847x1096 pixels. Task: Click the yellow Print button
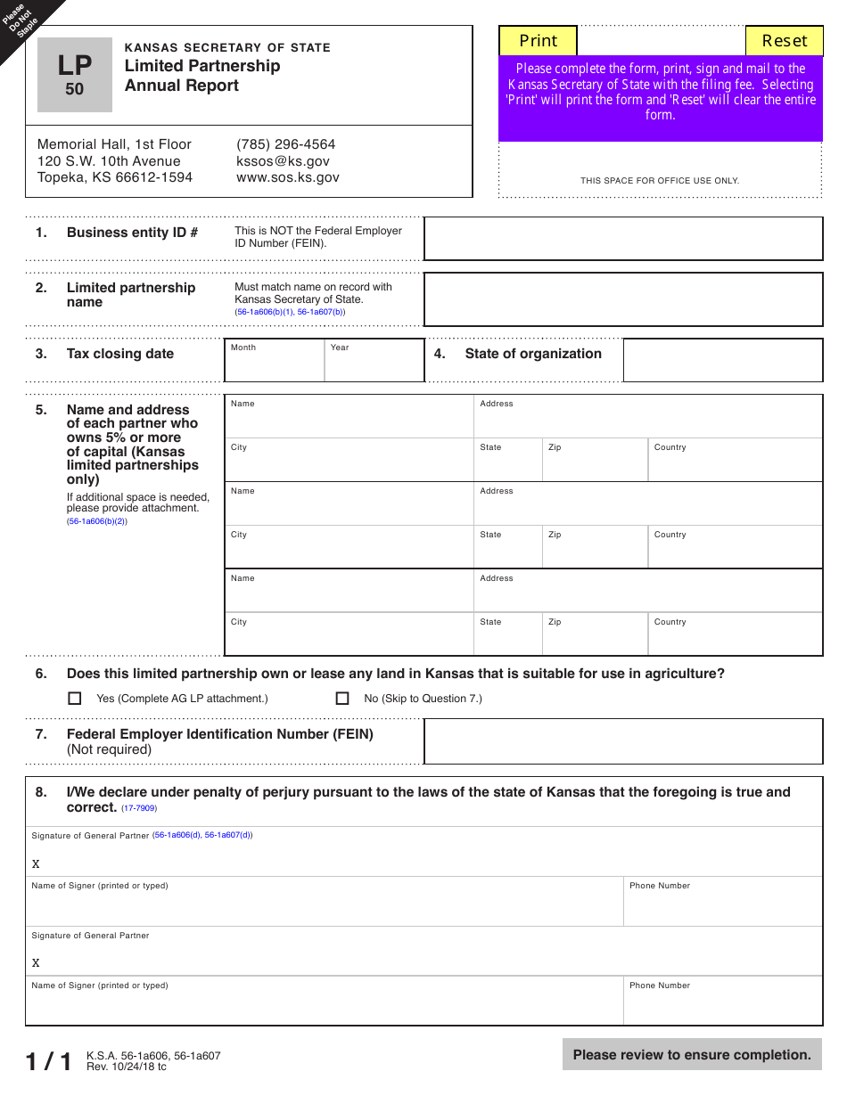click(x=538, y=41)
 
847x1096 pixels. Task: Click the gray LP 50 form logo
click(x=75, y=75)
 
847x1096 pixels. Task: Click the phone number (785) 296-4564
click(x=285, y=144)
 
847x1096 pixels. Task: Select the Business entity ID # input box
click(x=622, y=239)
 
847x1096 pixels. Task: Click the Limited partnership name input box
click(x=622, y=299)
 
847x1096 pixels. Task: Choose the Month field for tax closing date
click(x=274, y=361)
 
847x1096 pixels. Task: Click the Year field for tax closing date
click(x=374, y=361)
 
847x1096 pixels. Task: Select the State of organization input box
click(x=722, y=361)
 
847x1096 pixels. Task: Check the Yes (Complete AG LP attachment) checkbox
click(x=75, y=699)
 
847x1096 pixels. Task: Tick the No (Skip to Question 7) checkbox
click(x=342, y=699)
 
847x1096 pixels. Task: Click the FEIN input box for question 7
click(x=622, y=741)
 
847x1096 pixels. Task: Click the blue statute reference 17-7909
click(x=139, y=808)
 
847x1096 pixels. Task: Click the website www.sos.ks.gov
click(x=287, y=177)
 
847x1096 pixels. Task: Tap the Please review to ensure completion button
click(x=692, y=1055)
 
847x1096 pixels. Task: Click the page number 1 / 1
click(x=48, y=1061)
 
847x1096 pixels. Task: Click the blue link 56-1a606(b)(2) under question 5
click(x=97, y=521)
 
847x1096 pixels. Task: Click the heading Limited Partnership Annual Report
click(x=202, y=76)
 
